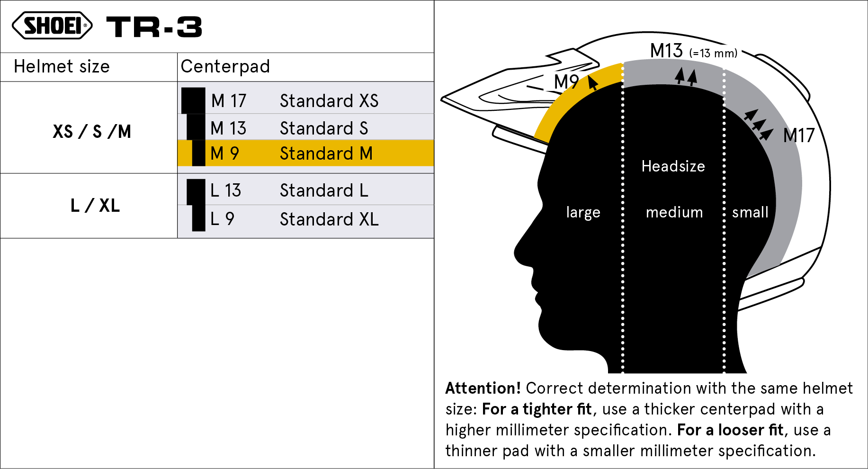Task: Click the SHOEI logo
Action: click(52, 26)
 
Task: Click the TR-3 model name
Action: click(154, 27)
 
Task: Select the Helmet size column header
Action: click(62, 67)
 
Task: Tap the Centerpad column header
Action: click(225, 67)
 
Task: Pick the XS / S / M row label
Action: click(92, 132)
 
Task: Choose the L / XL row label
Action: click(95, 206)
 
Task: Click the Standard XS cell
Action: click(329, 101)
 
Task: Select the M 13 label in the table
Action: click(228, 128)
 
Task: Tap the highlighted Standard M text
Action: click(326, 153)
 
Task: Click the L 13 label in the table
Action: click(226, 190)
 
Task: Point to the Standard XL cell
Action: click(329, 219)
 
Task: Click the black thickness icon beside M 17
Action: click(193, 100)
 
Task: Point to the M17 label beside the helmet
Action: click(799, 135)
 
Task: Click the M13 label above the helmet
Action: click(666, 51)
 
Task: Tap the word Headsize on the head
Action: click(673, 166)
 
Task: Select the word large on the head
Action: click(583, 213)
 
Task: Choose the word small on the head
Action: click(750, 212)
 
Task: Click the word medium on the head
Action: click(674, 212)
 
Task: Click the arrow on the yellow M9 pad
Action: click(592, 82)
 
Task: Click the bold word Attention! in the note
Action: click(483, 388)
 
